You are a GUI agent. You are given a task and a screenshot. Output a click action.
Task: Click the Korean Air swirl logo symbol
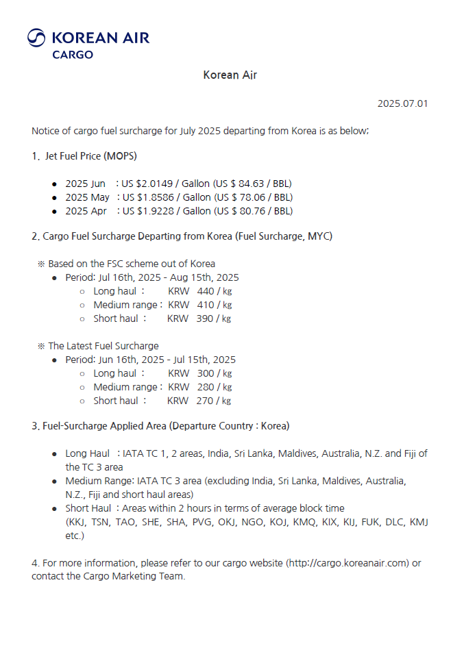point(36,38)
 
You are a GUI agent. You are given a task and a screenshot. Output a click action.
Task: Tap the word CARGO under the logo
point(73,55)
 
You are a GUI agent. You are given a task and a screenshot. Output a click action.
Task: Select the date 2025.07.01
point(402,103)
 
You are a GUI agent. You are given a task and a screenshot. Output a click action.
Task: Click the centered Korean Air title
point(230,75)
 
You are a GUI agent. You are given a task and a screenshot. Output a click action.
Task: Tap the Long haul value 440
point(206,291)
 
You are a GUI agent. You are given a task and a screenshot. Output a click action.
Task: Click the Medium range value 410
point(206,305)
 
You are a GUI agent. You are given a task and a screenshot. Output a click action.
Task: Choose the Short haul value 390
point(205,318)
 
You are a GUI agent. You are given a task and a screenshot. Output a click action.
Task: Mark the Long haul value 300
point(206,373)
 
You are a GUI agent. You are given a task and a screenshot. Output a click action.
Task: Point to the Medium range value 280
point(206,387)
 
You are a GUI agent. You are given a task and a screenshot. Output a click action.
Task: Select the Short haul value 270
point(205,401)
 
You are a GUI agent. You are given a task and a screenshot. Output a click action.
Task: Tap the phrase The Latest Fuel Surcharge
point(103,346)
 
